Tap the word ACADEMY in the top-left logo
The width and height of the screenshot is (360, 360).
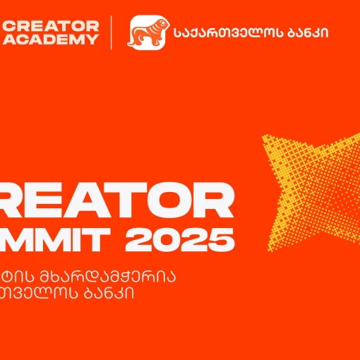click(50, 40)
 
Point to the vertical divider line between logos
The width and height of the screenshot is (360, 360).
click(112, 32)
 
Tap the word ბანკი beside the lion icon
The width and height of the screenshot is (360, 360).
click(304, 32)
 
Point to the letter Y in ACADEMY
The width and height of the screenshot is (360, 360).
click(92, 40)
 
